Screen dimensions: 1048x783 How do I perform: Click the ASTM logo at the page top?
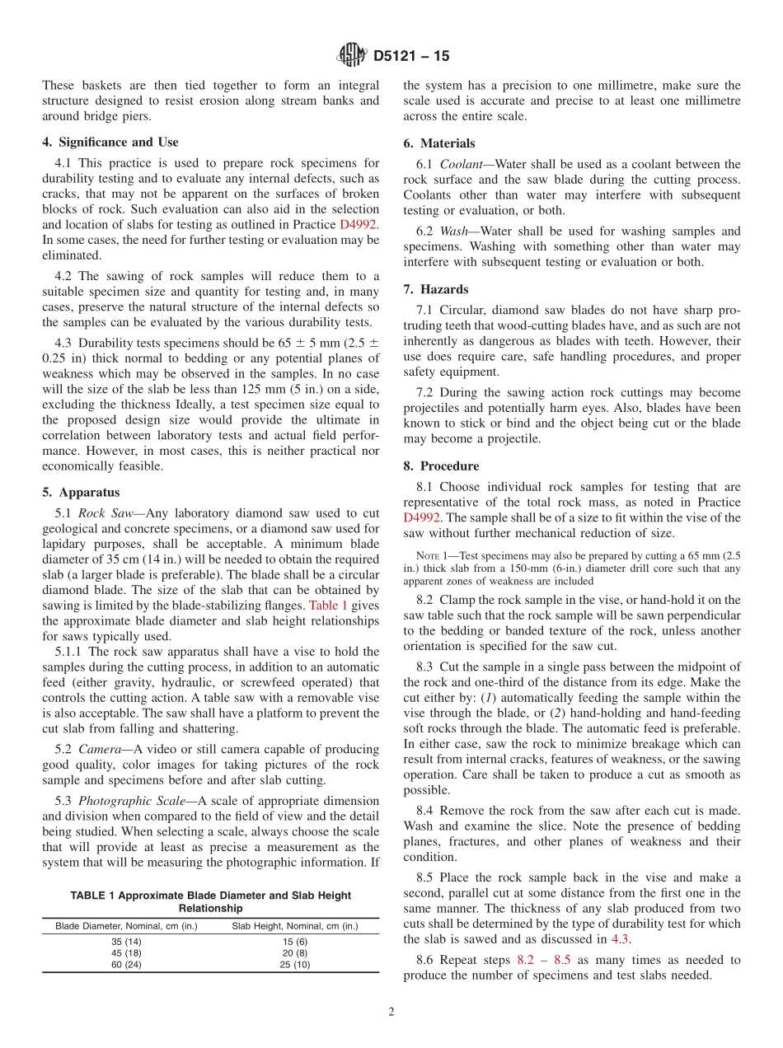[x=351, y=56]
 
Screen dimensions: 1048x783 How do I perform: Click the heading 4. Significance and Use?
[x=110, y=143]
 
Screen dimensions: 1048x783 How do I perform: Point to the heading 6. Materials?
[x=439, y=143]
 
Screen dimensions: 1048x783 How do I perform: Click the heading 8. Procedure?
[x=441, y=466]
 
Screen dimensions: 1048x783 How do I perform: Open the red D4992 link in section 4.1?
[x=359, y=225]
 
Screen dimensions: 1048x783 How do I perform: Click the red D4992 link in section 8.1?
[x=424, y=517]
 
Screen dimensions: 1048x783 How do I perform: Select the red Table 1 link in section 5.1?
[x=328, y=606]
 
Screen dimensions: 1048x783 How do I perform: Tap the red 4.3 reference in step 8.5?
[x=621, y=939]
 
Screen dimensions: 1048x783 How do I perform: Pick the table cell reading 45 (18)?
[x=126, y=952]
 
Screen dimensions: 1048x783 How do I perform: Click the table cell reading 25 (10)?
[x=294, y=964]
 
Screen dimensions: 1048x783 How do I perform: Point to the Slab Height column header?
[x=294, y=926]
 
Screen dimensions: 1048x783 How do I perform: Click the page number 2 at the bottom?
[x=391, y=1013]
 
